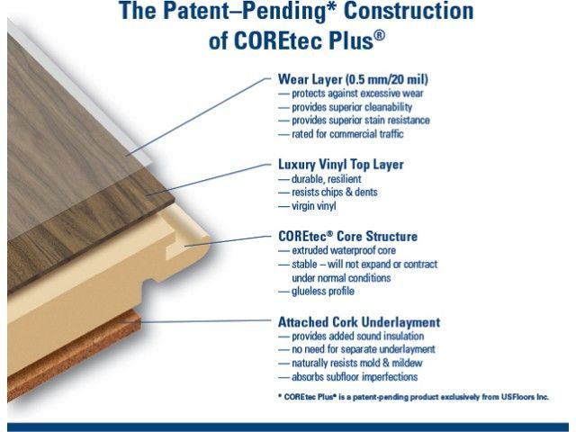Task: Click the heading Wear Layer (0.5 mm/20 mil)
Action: pyautogui.click(x=353, y=79)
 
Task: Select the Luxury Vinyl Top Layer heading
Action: pyautogui.click(x=341, y=164)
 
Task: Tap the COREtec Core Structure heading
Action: pyautogui.click(x=348, y=236)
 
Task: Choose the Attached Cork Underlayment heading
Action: pyautogui.click(x=359, y=322)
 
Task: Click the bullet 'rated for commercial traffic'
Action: pyautogui.click(x=347, y=134)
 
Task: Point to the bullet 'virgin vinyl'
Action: pyautogui.click(x=314, y=206)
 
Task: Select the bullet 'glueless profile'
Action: pyautogui.click(x=323, y=292)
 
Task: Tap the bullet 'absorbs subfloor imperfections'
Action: pyautogui.click(x=355, y=377)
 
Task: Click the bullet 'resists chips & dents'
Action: pyautogui.click(x=335, y=192)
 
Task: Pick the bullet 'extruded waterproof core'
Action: pyautogui.click(x=344, y=250)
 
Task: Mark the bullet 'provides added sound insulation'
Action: pyautogui.click(x=358, y=336)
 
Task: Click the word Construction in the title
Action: pyautogui.click(x=409, y=11)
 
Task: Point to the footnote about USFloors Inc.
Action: pyautogui.click(x=414, y=397)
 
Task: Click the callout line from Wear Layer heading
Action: pyautogui.click(x=198, y=117)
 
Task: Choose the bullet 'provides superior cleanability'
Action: pyautogui.click(x=352, y=107)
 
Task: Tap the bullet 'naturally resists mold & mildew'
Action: pyautogui.click(x=357, y=363)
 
